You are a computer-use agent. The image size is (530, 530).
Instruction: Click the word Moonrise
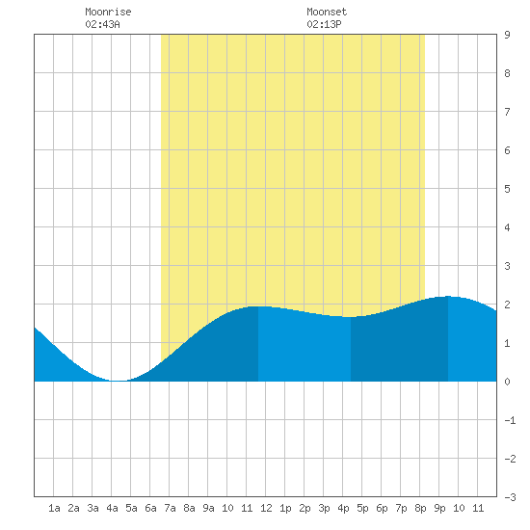pos(108,12)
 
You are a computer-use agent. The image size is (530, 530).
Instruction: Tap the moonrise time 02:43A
pos(102,24)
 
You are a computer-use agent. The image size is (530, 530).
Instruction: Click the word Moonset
pos(327,12)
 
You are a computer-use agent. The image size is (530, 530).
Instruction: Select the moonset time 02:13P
pos(324,24)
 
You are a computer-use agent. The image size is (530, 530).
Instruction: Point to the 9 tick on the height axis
pos(507,35)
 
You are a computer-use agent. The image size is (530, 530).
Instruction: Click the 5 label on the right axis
pos(507,189)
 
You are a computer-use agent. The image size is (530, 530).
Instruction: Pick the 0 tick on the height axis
pos(507,382)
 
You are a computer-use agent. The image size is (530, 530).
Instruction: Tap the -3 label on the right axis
pos(510,497)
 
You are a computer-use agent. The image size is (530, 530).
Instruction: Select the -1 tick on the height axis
pos(510,420)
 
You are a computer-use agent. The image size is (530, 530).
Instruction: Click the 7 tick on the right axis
pos(507,112)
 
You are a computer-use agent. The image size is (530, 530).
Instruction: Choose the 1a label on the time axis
pos(54,508)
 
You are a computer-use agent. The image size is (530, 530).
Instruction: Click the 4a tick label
pos(112,508)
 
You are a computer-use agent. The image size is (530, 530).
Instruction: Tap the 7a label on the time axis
pos(170,508)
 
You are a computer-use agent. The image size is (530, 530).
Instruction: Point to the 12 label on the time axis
pos(266,508)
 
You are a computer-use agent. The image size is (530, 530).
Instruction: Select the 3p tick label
pos(324,508)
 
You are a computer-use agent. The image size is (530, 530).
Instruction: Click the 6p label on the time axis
pos(382,508)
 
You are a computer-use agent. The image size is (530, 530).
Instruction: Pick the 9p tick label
pos(439,508)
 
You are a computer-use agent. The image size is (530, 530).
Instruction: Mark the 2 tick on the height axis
pos(507,305)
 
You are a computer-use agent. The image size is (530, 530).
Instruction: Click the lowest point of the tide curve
pos(117,381)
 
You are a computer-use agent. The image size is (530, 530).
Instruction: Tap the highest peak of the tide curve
pos(448,297)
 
